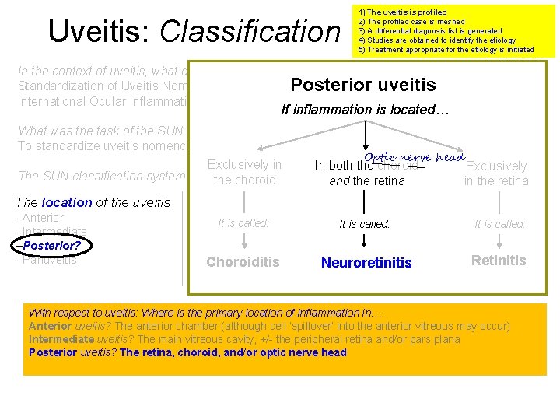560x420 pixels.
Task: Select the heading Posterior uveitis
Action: click(x=362, y=85)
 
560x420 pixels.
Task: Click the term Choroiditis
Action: click(x=243, y=262)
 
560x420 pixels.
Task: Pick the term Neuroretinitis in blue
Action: click(x=367, y=263)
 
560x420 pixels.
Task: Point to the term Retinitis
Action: click(x=499, y=261)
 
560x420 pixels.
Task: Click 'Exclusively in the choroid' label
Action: click(x=244, y=172)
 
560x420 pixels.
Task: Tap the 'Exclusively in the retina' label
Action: click(x=495, y=173)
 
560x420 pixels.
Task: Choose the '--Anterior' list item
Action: click(x=40, y=218)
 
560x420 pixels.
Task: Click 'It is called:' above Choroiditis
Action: click(x=243, y=223)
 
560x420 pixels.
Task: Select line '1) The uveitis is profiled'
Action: click(x=402, y=12)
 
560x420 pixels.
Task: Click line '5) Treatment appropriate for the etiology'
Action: click(x=446, y=50)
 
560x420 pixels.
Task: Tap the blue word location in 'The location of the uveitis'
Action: click(x=67, y=202)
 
